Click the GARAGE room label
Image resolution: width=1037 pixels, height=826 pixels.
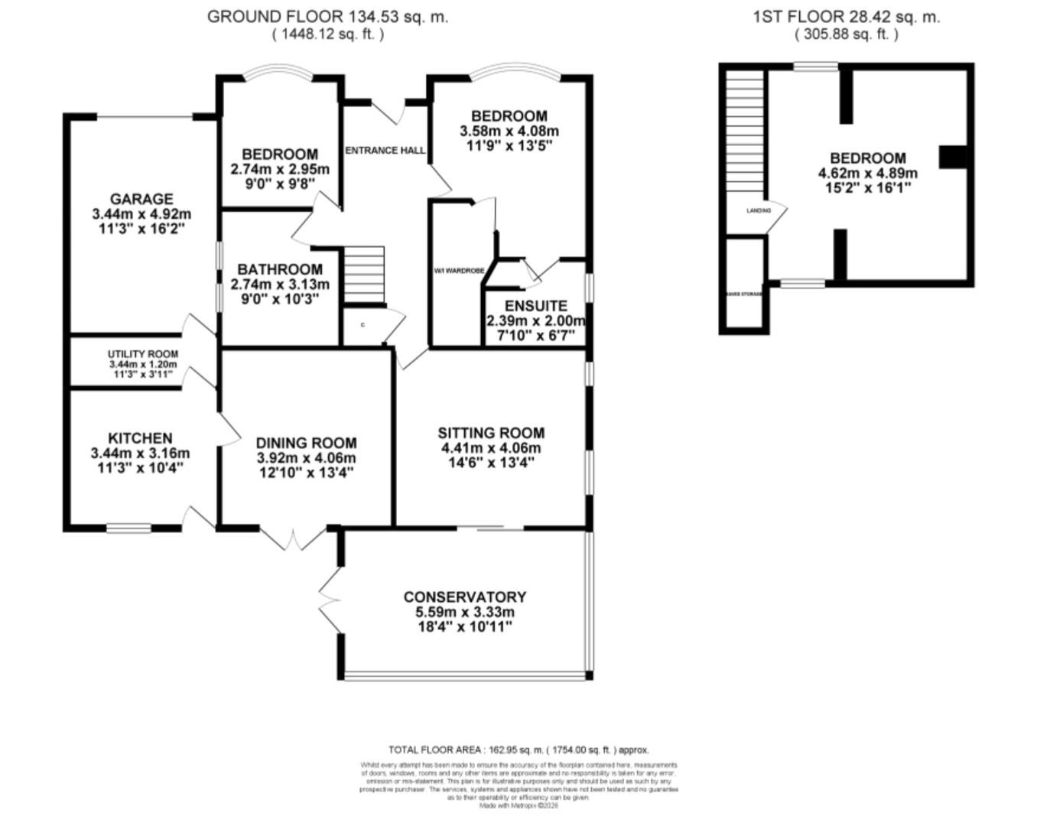pos(141,199)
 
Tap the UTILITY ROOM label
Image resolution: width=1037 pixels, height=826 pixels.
pos(142,354)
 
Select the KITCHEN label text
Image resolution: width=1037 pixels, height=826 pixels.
pos(140,438)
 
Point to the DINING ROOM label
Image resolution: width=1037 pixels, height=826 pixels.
pos(306,443)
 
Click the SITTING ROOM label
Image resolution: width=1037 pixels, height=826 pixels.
pos(491,433)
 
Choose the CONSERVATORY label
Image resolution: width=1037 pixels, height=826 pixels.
pos(464,597)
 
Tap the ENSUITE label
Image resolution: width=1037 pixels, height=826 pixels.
pos(535,306)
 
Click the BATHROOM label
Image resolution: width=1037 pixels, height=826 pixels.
pos(279,269)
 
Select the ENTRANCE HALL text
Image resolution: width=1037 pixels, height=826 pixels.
pos(385,151)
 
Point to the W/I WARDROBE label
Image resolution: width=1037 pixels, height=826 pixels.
pos(459,271)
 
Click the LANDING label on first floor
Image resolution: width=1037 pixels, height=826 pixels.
pos(759,210)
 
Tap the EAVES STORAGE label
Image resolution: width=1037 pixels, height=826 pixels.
pos(743,294)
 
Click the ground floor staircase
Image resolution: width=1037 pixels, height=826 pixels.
pos(362,275)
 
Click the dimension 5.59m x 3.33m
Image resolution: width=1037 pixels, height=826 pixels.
pos(464,612)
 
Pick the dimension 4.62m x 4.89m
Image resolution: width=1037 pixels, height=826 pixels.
pos(867,173)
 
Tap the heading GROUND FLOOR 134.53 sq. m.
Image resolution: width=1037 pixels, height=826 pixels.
pos(327,17)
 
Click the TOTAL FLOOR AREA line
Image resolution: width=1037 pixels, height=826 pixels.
pos(518,750)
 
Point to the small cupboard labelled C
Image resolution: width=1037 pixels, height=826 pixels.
pos(362,325)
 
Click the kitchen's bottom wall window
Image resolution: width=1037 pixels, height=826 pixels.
pos(128,527)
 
